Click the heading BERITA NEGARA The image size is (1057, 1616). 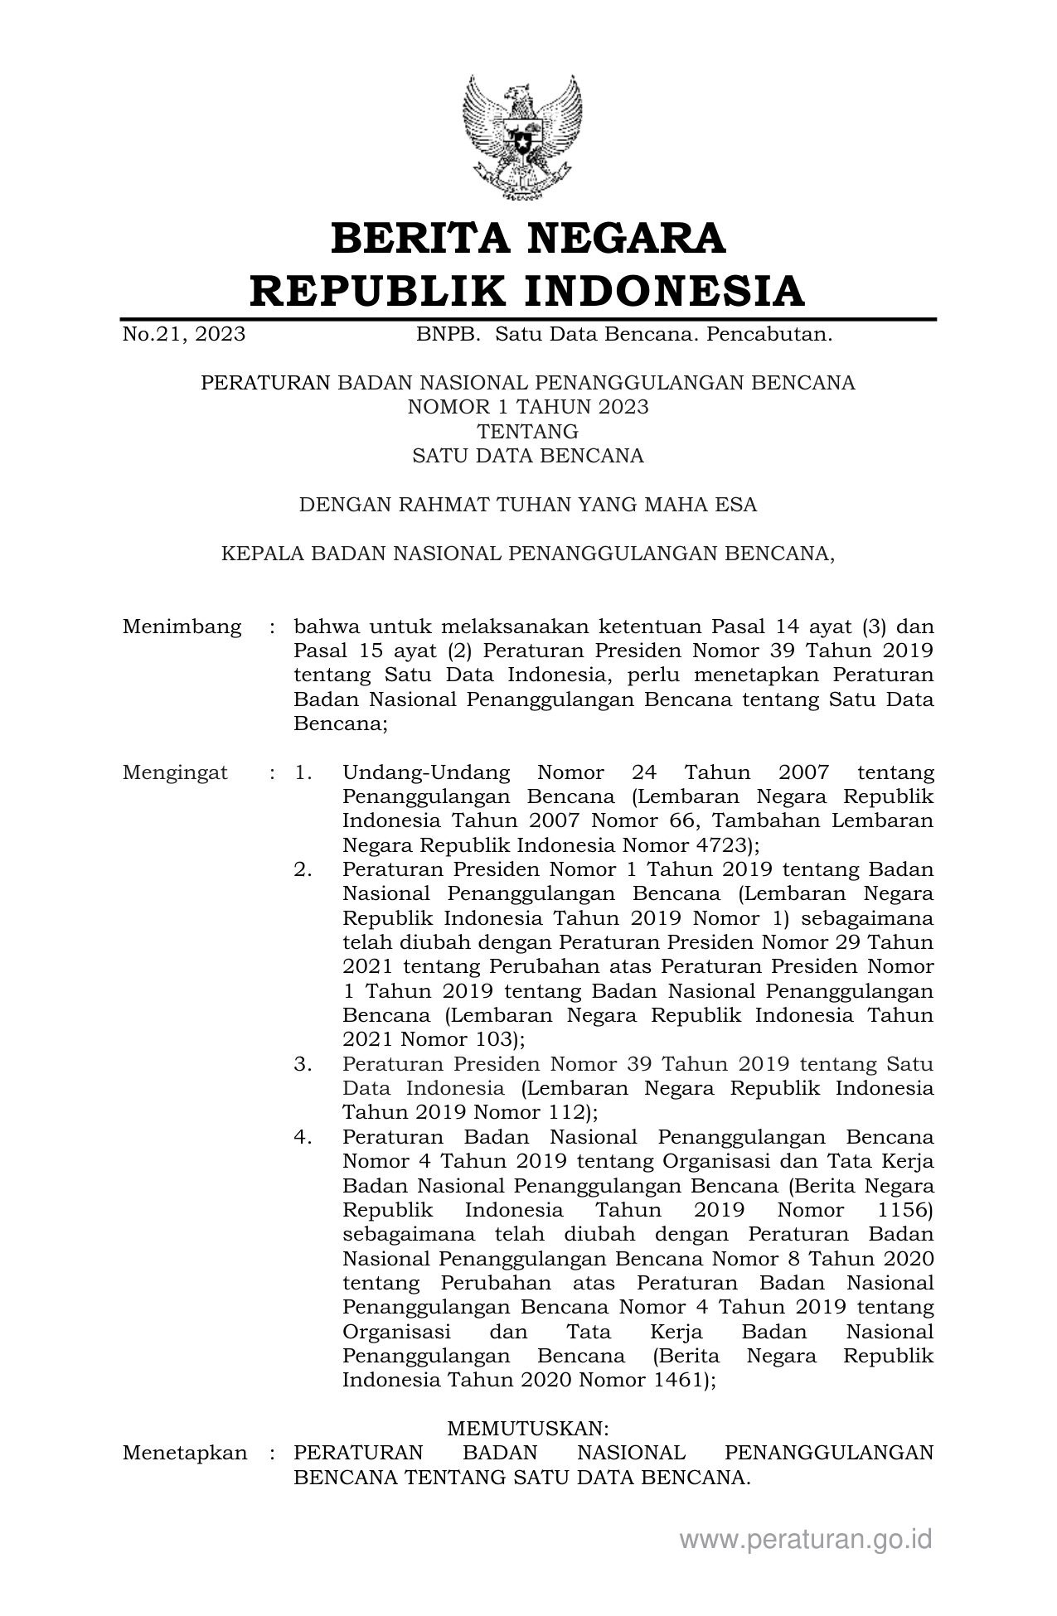point(528,239)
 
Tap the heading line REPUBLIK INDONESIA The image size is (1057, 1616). point(528,291)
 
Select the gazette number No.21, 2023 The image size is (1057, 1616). point(183,334)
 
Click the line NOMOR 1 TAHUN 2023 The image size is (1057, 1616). point(528,407)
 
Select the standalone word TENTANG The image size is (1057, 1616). point(528,431)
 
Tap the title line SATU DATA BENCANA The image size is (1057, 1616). point(528,456)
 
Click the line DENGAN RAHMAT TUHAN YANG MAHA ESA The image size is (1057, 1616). point(528,505)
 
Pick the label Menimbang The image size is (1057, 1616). point(182,627)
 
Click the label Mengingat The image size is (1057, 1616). point(175,773)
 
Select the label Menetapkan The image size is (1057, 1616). point(185,1453)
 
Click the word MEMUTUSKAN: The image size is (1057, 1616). point(528,1429)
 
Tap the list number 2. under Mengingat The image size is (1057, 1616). point(303,870)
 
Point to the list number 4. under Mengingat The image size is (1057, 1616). point(303,1138)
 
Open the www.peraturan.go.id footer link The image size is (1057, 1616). point(806,1540)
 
